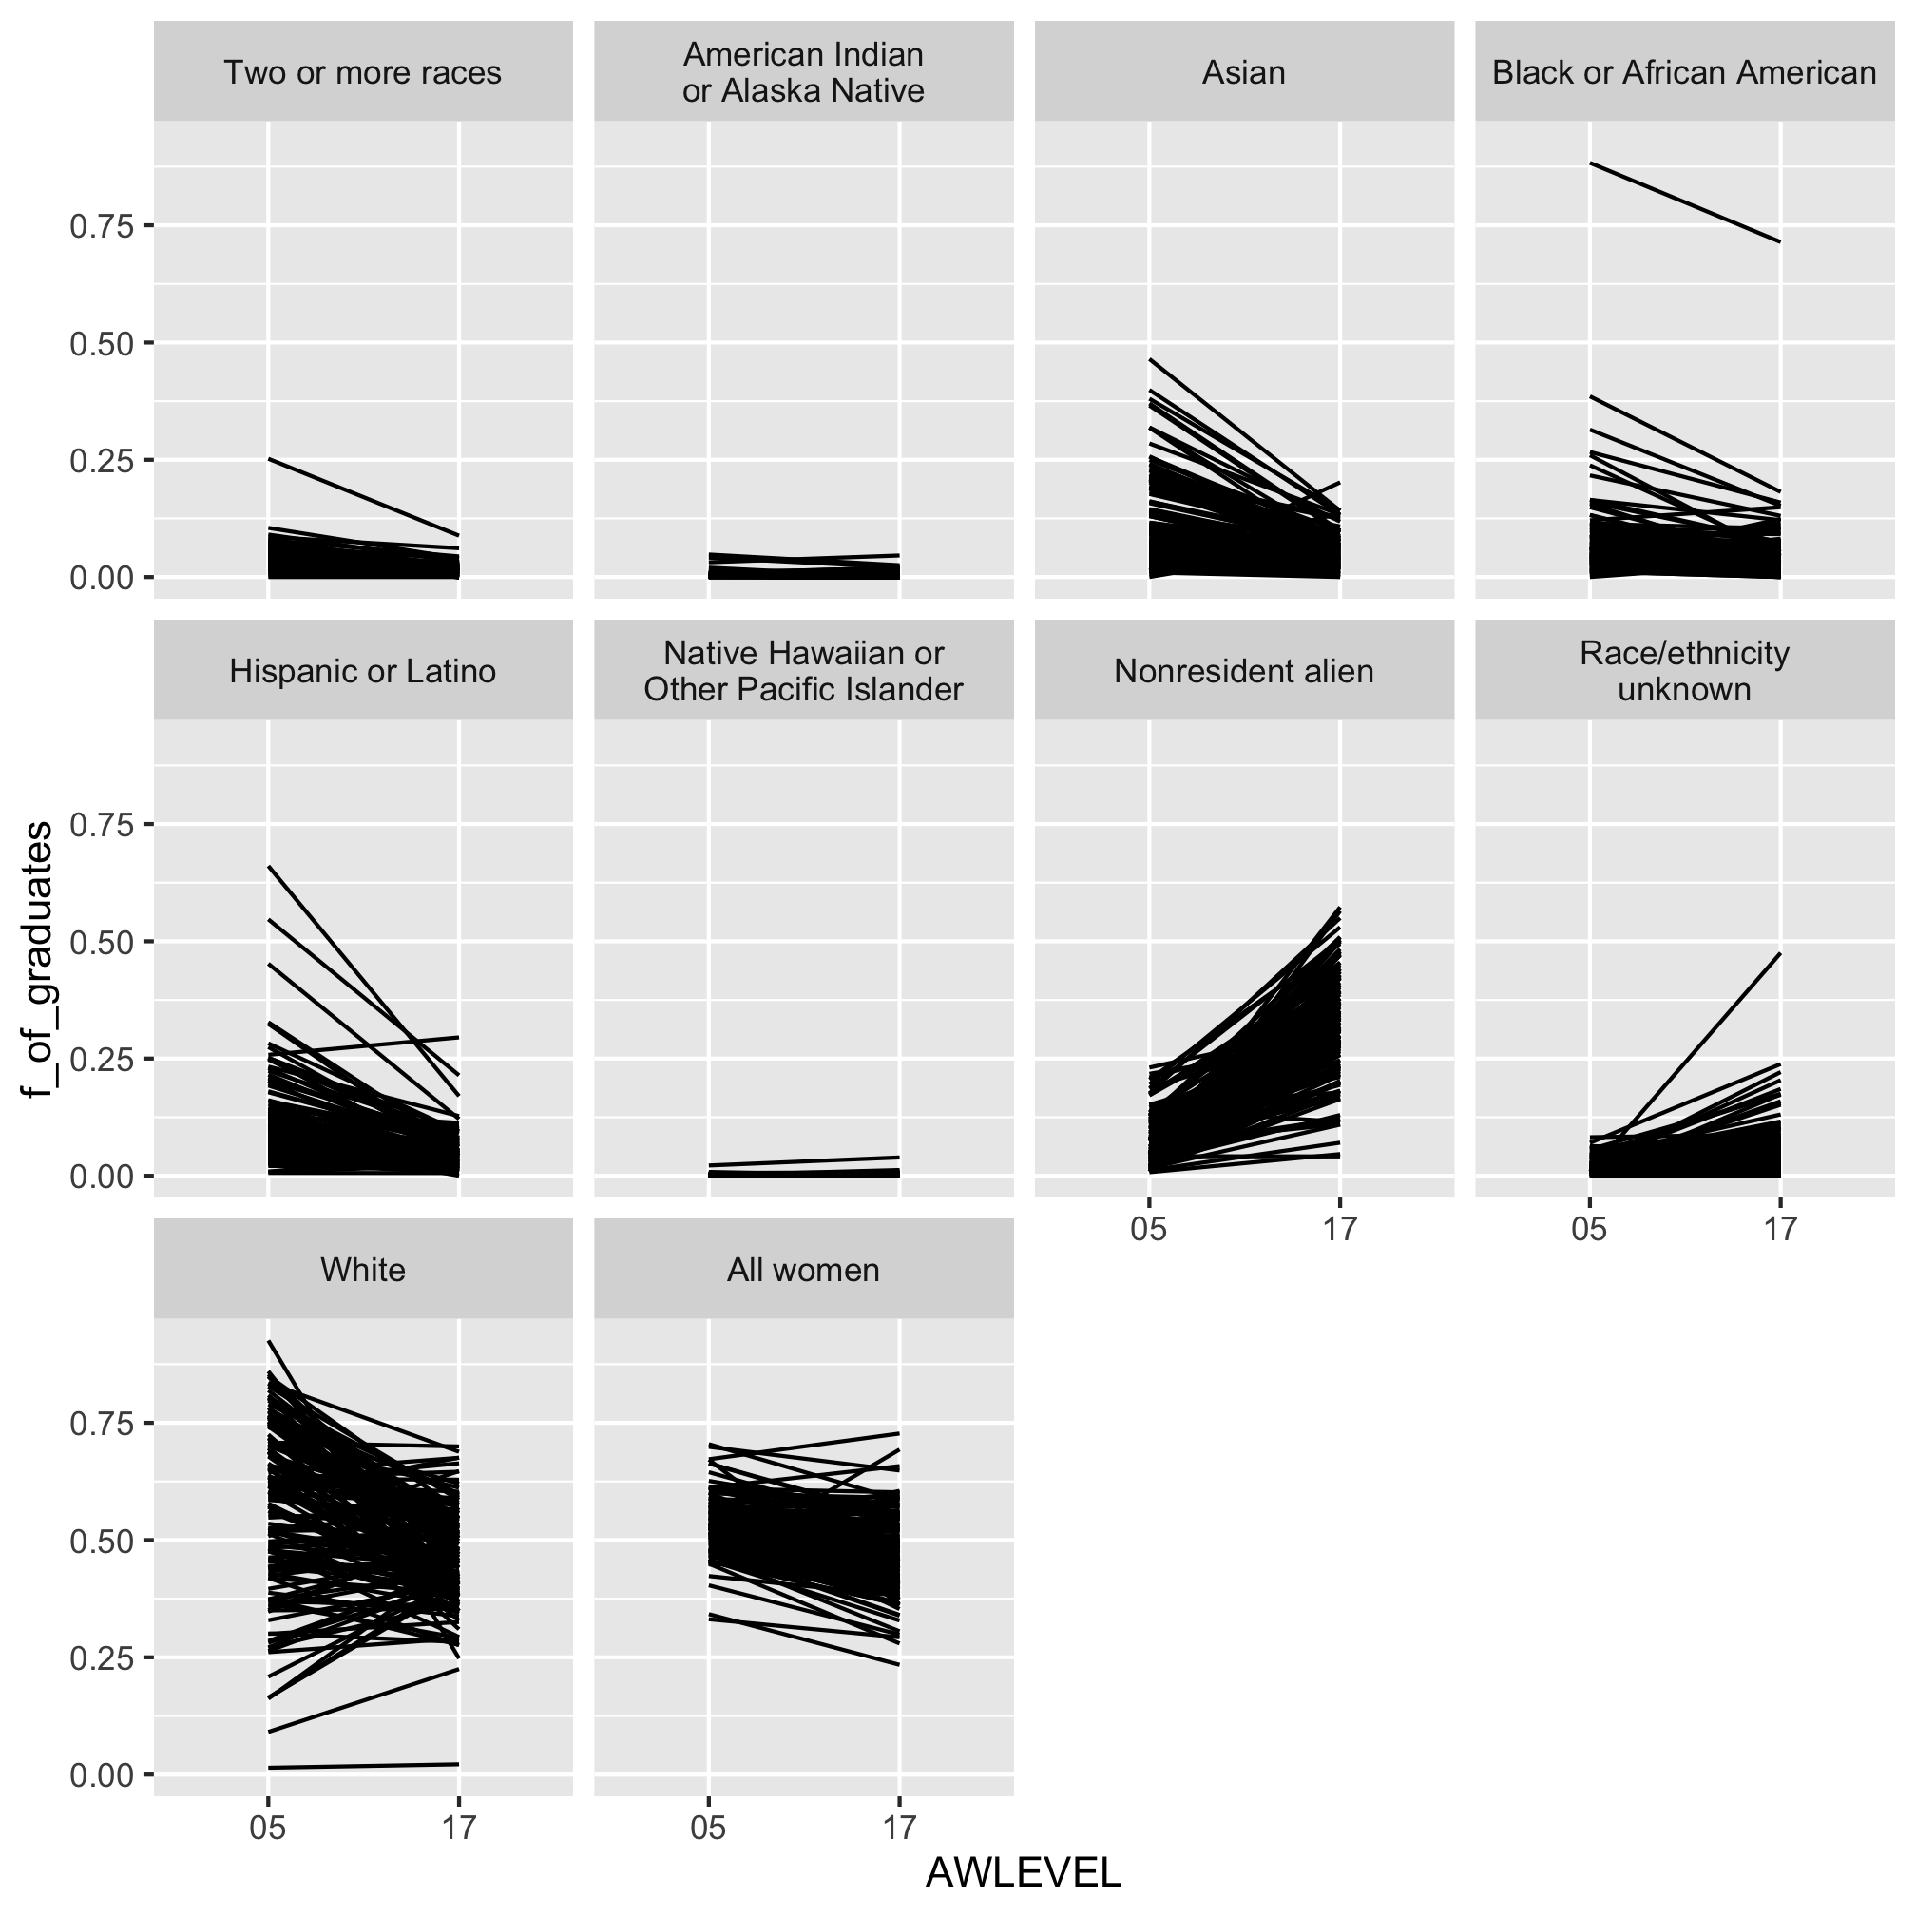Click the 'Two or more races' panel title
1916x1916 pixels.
pos(362,72)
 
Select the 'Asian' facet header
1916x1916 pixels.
pos(1244,72)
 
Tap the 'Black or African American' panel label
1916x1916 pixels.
pos(1684,72)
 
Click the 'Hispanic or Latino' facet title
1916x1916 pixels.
pos(362,671)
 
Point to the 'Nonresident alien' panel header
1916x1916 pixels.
pos(1244,671)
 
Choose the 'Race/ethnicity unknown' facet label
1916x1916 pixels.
pos(1684,671)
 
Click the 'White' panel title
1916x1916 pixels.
pos(362,1271)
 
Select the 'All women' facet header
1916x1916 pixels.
pos(803,1271)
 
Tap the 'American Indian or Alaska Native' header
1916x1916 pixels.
pos(803,72)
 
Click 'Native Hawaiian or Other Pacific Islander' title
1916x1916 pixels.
pos(803,671)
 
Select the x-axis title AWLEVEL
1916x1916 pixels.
pos(1023,1872)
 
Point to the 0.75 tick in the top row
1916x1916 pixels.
pos(100,226)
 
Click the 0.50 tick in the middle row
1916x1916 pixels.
pos(100,942)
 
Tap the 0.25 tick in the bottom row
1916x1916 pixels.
pos(100,1657)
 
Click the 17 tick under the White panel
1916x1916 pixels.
pos(458,1828)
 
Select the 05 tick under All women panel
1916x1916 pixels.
pos(708,1828)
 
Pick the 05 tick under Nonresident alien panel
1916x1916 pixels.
pos(1148,1230)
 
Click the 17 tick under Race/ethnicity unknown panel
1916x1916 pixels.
pos(1780,1230)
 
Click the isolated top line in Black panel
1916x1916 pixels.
pos(1686,202)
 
